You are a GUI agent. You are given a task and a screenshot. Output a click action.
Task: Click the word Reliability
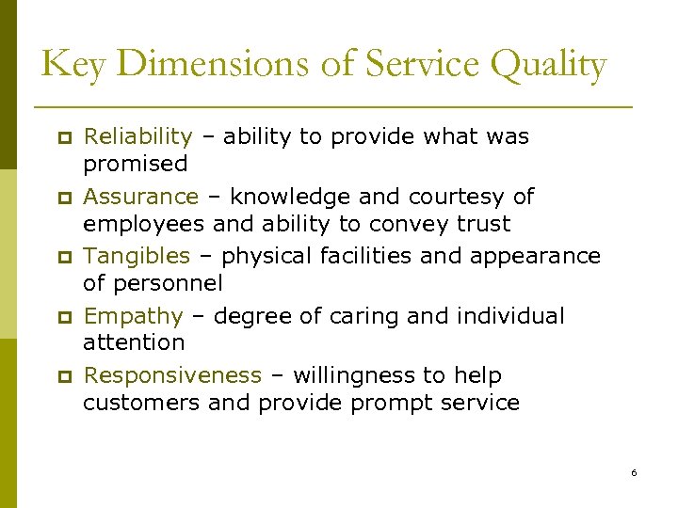click(x=137, y=137)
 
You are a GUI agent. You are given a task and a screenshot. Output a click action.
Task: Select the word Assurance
click(x=140, y=198)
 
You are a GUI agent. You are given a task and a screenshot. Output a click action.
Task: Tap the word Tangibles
click(x=137, y=257)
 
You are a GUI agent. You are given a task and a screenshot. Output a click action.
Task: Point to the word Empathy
click(x=133, y=317)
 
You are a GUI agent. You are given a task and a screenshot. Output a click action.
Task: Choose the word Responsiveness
click(x=172, y=376)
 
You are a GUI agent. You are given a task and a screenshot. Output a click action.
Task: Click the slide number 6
click(x=634, y=472)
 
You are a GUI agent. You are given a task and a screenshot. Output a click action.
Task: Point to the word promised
click(x=136, y=166)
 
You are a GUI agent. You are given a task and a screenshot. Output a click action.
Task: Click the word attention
click(x=134, y=343)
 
